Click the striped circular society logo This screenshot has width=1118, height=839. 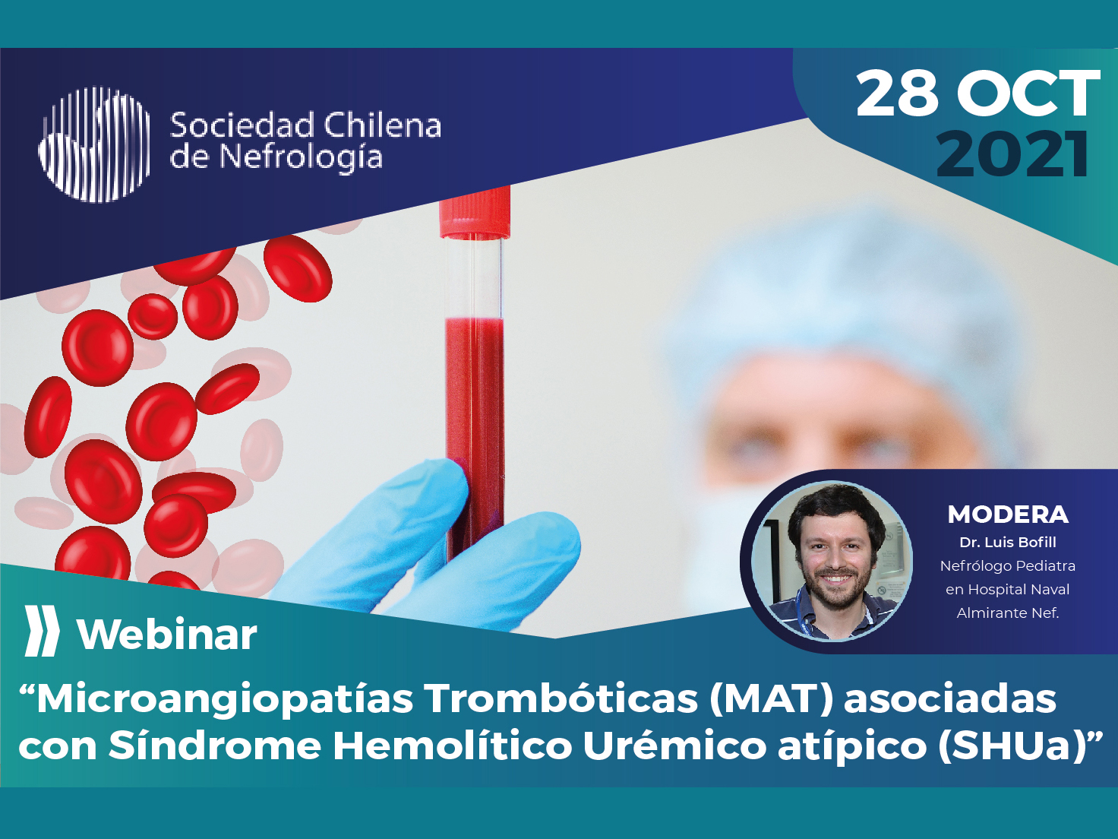pos(95,144)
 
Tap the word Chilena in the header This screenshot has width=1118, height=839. pos(383,125)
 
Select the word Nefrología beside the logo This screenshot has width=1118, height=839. pos(301,157)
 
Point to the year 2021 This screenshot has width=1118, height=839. pos(1012,154)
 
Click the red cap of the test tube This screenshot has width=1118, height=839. pos(475,213)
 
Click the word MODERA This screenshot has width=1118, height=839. pos(1008,514)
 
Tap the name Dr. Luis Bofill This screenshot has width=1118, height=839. pos(1008,543)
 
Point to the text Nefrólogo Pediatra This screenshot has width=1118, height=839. pos(1008,566)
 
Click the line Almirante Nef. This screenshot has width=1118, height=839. pos(1008,613)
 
